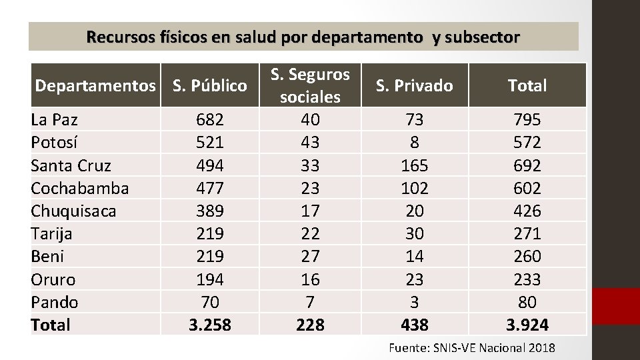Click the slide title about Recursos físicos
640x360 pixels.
pos(303,37)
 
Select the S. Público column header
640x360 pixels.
pos(210,85)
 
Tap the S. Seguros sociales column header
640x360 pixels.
pos(310,85)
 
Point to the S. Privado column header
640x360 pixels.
pos(414,85)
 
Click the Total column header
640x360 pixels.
pos(527,85)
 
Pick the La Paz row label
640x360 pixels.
pos(55,120)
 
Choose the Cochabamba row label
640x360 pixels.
pos(80,188)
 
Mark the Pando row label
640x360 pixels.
pos(55,302)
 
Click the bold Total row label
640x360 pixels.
pos(51,325)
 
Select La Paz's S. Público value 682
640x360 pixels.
pos(210,120)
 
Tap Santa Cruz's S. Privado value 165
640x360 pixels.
pos(414,165)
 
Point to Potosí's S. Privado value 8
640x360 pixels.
pos(414,143)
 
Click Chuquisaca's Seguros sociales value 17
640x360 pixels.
pos(310,211)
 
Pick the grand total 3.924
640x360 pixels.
pos(527,325)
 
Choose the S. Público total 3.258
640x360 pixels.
pos(210,325)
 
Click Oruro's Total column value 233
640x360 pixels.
pos(527,279)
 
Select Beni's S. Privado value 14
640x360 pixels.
pos(414,257)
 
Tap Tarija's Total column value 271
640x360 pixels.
pos(527,234)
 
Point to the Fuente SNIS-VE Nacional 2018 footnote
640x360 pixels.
pos(471,348)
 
